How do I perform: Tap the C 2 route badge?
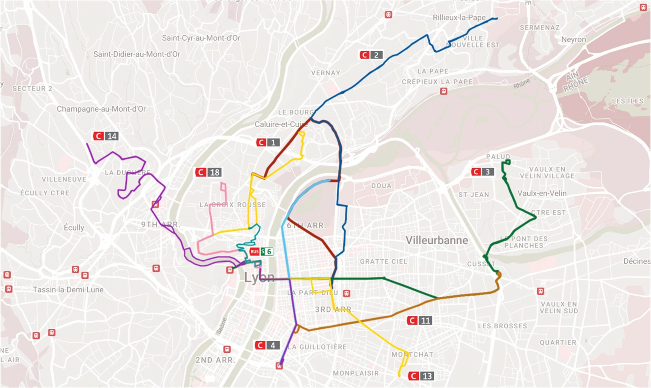pyautogui.click(x=371, y=55)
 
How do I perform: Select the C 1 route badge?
pyautogui.click(x=268, y=143)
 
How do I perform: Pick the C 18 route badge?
pyautogui.click(x=209, y=172)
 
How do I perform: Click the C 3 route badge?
pyautogui.click(x=482, y=172)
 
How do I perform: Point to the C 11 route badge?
pyautogui.click(x=419, y=320)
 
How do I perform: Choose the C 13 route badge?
pyautogui.click(x=421, y=376)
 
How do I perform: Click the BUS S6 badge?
pyautogui.click(x=261, y=252)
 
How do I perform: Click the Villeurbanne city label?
pyautogui.click(x=437, y=240)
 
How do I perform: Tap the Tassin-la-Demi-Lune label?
pyautogui.click(x=68, y=290)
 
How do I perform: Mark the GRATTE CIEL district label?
pyautogui.click(x=383, y=261)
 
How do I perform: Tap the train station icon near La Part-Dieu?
pyautogui.click(x=346, y=293)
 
